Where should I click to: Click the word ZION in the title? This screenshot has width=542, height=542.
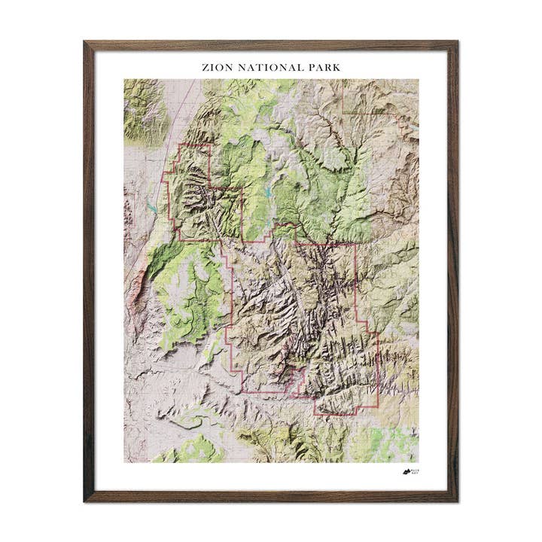point(215,67)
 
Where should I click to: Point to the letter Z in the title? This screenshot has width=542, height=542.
point(205,67)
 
